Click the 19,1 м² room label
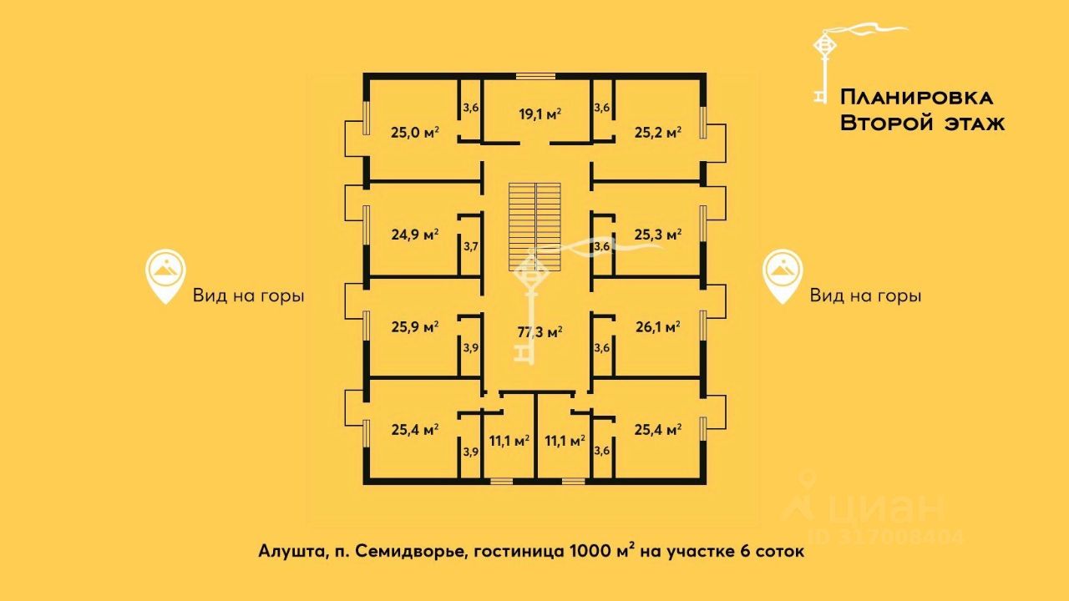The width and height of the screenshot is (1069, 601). [x=540, y=114]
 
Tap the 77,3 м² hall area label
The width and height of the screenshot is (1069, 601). [x=540, y=332]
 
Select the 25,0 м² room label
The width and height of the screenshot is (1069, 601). [x=415, y=132]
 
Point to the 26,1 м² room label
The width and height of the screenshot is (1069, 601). [x=657, y=327]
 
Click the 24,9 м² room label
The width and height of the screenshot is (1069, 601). [x=415, y=235]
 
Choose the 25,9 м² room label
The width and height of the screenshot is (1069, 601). [x=415, y=327]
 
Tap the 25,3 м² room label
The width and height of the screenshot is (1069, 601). [x=657, y=235]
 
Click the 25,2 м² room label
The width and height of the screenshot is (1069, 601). [x=657, y=132]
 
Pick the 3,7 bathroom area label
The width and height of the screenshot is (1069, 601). [x=470, y=246]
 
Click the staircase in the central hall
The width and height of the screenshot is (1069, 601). [x=534, y=226]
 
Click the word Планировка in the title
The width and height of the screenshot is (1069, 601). [x=916, y=98]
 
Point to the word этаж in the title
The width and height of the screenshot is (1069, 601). [x=975, y=124]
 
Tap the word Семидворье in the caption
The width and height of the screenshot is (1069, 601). [x=411, y=552]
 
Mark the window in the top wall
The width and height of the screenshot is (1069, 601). [x=535, y=76]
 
